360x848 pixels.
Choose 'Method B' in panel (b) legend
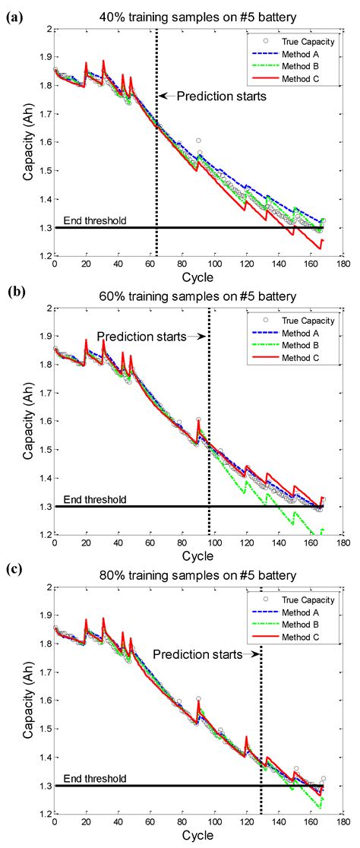(308, 344)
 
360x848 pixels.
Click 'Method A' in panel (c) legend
(308, 611)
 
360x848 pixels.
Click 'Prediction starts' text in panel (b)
(141, 336)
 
